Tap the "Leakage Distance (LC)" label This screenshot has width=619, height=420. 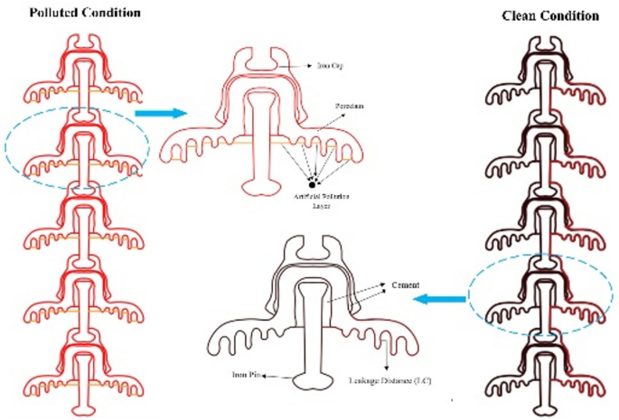pyautogui.click(x=389, y=381)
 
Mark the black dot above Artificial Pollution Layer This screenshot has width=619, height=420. pyautogui.click(x=313, y=184)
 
